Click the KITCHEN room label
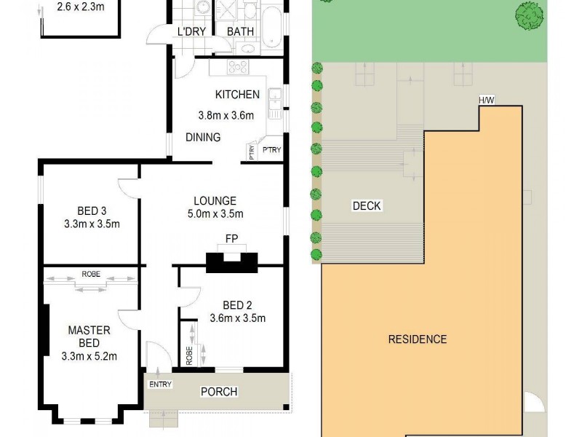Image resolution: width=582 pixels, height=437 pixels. (x=237, y=94)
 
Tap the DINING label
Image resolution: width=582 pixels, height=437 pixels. (x=203, y=137)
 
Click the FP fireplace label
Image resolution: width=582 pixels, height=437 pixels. (x=231, y=238)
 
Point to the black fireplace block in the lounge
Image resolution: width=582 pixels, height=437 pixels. (x=231, y=260)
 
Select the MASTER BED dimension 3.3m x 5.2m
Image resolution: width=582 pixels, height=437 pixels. (x=89, y=356)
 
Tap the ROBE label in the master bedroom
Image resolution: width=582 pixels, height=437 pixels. (x=91, y=275)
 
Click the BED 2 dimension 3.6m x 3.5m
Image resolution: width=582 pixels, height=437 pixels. (x=236, y=318)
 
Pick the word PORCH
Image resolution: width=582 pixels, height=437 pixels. (x=219, y=392)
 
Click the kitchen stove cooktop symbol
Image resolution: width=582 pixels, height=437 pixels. (x=239, y=67)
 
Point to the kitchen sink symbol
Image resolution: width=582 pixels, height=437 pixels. (x=275, y=103)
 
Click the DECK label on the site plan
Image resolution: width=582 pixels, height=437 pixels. (x=367, y=205)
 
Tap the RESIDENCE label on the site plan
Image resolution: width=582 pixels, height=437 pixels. (x=417, y=339)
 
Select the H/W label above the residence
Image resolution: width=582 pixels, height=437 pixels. (x=486, y=101)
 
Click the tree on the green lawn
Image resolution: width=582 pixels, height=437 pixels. (x=530, y=15)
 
